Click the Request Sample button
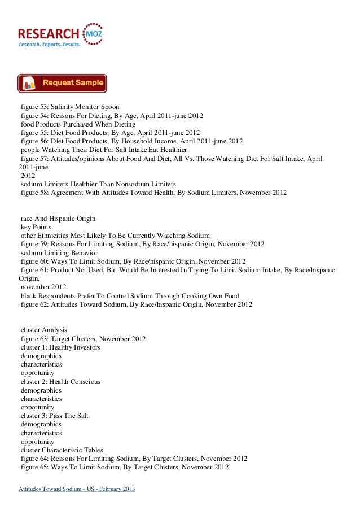62,84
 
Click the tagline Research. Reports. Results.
50,43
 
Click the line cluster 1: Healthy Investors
60,347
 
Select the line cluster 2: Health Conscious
60,382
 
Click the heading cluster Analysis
43,329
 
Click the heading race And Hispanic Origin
58,218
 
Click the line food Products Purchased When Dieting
78,124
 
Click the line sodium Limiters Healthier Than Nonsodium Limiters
98,184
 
